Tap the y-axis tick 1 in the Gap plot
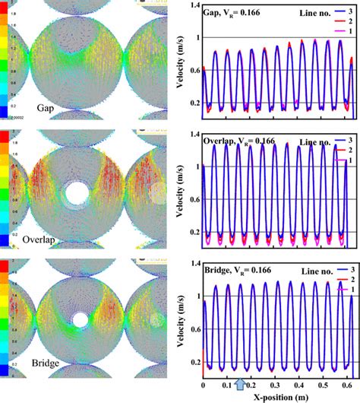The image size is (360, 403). point(197,37)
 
